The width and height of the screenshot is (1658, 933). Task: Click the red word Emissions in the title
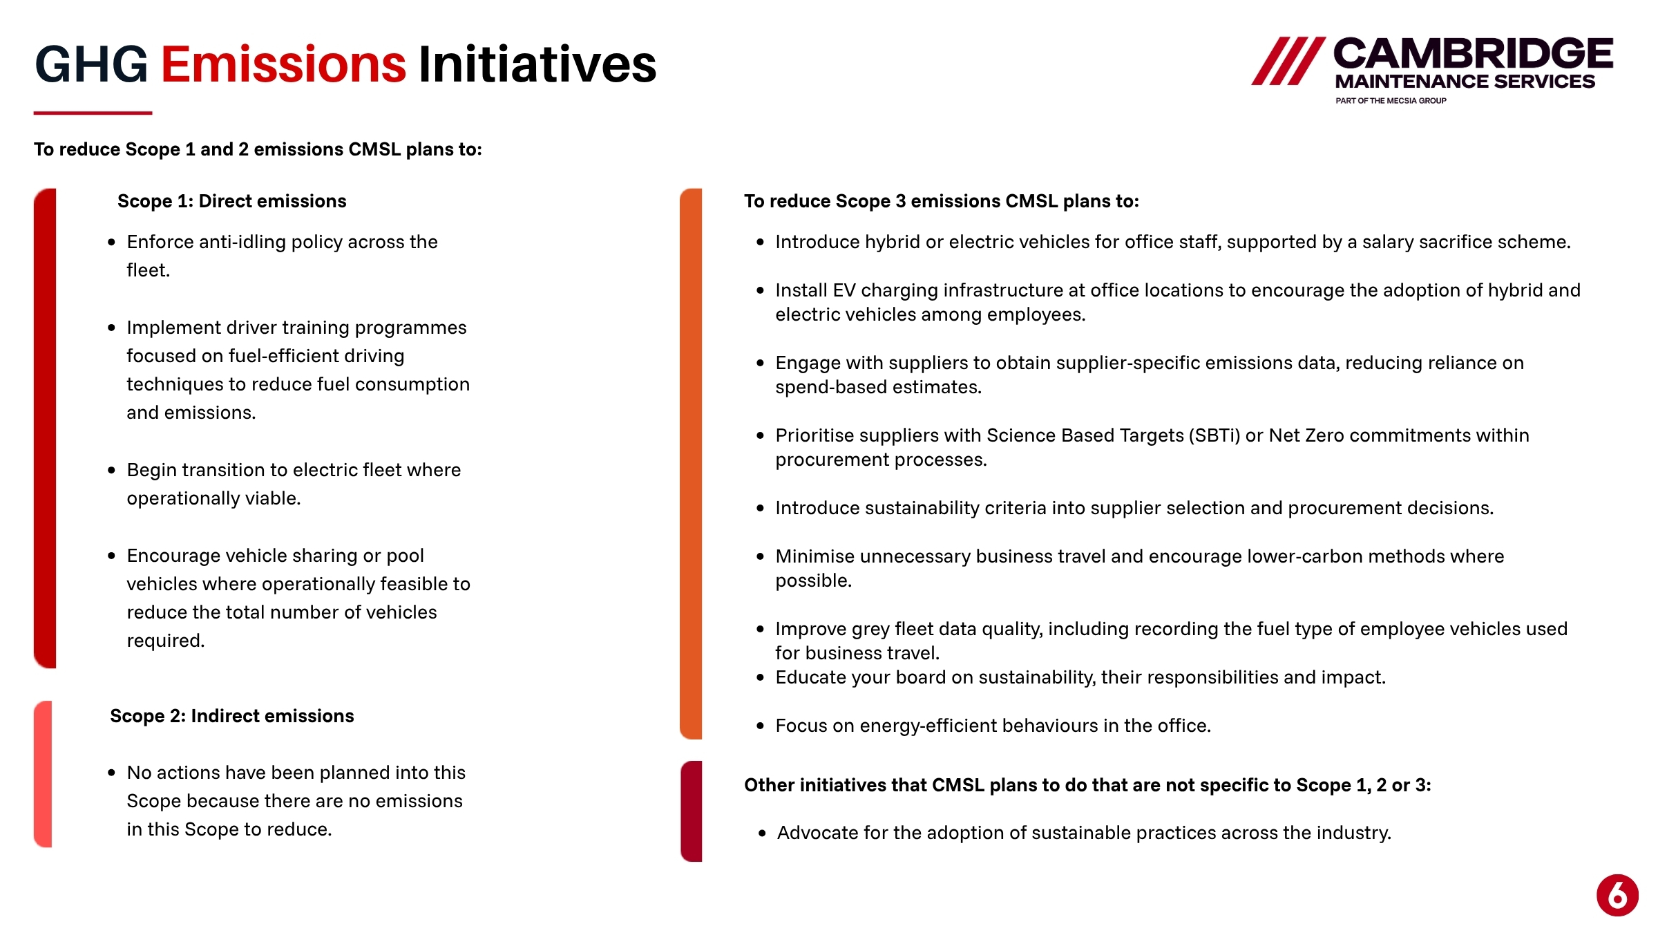pos(283,64)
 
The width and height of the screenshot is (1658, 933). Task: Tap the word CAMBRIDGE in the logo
pos(1473,54)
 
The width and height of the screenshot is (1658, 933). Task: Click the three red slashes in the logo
pos(1288,61)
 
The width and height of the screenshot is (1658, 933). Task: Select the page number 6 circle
pos(1617,895)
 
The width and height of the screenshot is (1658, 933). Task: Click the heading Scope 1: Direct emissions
pos(231,201)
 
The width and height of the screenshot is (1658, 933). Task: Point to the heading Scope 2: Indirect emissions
pos(231,716)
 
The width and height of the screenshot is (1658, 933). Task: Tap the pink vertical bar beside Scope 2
pos(43,774)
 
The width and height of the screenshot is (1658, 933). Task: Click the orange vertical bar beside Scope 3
pos(691,464)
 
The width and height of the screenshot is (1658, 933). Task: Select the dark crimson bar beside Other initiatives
pos(691,811)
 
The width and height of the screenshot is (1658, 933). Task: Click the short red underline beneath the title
pos(93,113)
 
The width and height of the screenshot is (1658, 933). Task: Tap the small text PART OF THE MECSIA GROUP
pos(1391,101)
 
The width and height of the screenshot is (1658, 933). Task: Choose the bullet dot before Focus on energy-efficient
pos(761,726)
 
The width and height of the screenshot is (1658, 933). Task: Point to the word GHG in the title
pos(91,64)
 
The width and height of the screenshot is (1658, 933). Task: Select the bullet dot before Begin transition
pos(112,470)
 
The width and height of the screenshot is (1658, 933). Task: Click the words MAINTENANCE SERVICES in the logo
pos(1465,82)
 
